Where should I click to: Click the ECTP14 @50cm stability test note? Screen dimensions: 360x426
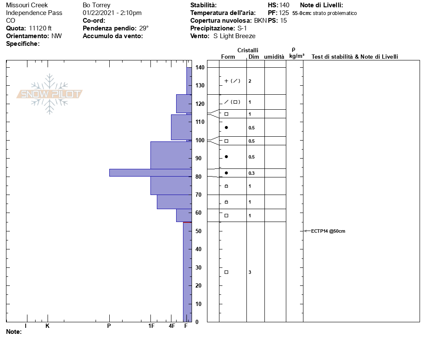coord(328,231)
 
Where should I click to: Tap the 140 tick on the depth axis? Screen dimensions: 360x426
coord(200,68)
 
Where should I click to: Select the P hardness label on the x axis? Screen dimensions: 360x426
coord(109,326)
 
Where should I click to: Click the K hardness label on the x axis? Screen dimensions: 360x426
coord(48,326)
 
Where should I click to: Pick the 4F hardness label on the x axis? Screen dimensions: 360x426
coord(172,326)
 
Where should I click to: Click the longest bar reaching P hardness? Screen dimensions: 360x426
coord(150,172)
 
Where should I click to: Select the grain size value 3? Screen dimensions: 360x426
coord(250,272)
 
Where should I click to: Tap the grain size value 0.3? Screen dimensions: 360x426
coord(251,173)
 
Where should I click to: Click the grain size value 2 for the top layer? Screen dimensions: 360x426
coord(250,81)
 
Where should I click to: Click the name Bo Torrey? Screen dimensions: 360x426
coord(96,6)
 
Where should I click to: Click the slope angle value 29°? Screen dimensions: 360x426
coord(144,28)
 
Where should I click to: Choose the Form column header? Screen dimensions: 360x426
coord(228,57)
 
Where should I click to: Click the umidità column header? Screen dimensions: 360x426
coord(274,57)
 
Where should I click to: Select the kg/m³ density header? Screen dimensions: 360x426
coord(297,56)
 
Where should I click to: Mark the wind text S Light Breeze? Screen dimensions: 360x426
coord(234,36)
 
